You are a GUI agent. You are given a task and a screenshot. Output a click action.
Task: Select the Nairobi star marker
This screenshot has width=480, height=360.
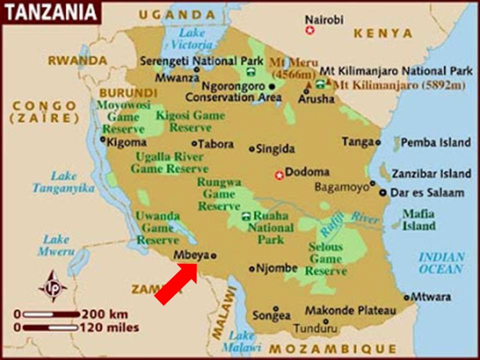(x=310, y=30)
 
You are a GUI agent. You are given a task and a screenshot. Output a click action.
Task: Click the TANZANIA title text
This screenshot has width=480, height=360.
(x=50, y=12)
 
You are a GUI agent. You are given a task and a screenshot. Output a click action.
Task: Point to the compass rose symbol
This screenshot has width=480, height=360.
(x=52, y=286)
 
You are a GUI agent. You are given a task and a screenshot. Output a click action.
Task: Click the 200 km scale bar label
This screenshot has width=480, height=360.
(x=104, y=314)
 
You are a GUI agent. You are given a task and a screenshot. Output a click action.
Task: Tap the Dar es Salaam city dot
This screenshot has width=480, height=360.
(x=382, y=192)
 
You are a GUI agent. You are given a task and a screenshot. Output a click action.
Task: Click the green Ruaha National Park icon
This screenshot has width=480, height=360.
(x=245, y=216)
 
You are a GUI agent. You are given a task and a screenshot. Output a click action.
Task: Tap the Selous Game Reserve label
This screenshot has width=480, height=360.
(x=326, y=259)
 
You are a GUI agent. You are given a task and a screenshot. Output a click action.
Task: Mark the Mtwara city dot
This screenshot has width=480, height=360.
(x=406, y=297)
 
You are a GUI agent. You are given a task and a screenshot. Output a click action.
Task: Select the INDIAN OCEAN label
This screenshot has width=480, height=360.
(x=441, y=263)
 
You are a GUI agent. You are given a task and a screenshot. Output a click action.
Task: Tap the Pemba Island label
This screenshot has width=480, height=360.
(x=435, y=142)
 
